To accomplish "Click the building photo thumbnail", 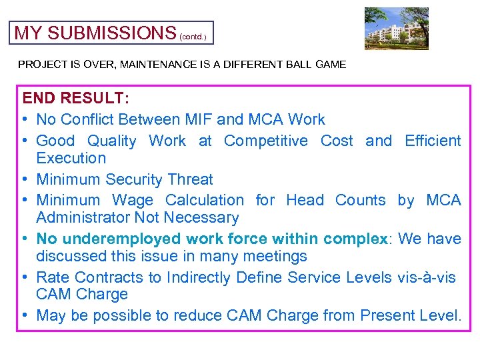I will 396,29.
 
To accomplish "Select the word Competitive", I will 266,141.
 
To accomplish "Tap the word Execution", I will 71,159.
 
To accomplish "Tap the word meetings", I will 273,257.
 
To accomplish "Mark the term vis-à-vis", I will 426,278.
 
